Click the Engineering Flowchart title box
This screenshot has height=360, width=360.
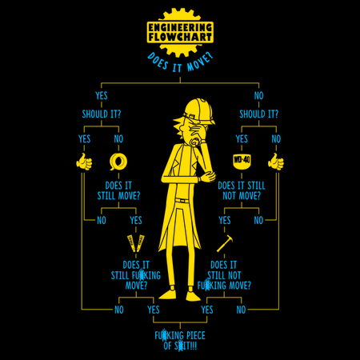click(x=180, y=32)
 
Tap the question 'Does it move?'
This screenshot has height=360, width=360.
click(x=180, y=63)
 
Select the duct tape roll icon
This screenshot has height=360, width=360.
click(x=118, y=162)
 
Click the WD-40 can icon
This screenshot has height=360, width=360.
click(x=242, y=161)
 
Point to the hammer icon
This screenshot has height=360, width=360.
click(x=225, y=243)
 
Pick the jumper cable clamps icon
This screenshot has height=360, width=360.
click(x=136, y=243)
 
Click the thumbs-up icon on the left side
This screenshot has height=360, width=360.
click(x=84, y=162)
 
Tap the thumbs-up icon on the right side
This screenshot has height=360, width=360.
click(x=276, y=162)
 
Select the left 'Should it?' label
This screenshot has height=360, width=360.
click(x=102, y=114)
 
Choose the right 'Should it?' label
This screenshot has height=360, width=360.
click(x=258, y=114)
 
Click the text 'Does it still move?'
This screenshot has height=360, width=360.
click(x=118, y=190)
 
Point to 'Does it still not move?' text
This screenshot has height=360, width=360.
click(x=242, y=190)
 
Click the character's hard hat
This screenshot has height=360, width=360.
click(x=199, y=110)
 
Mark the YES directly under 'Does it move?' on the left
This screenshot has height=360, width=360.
click(x=102, y=95)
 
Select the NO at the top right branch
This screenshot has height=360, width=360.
click(x=258, y=95)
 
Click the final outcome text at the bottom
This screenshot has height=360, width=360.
click(x=180, y=341)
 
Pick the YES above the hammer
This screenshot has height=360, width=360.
click(x=225, y=220)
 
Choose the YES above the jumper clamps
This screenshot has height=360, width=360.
click(x=136, y=220)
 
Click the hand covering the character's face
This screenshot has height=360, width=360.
click(x=197, y=130)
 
